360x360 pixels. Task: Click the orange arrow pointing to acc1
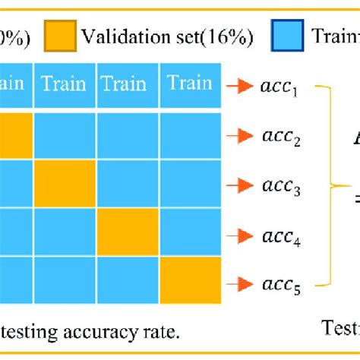(242, 84)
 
